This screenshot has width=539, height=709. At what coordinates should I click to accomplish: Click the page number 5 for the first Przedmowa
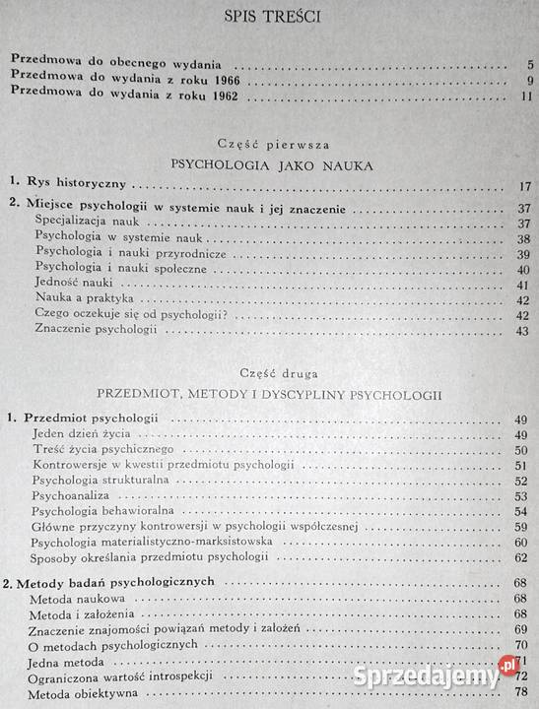point(528,66)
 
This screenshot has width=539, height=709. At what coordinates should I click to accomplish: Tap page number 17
point(524,186)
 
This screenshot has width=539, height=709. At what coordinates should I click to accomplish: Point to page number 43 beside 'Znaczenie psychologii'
point(523,331)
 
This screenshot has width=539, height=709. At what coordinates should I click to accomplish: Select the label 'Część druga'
point(267,373)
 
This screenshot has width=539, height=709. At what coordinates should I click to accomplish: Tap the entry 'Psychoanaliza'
point(70,495)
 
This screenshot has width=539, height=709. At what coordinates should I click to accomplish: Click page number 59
point(522,528)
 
